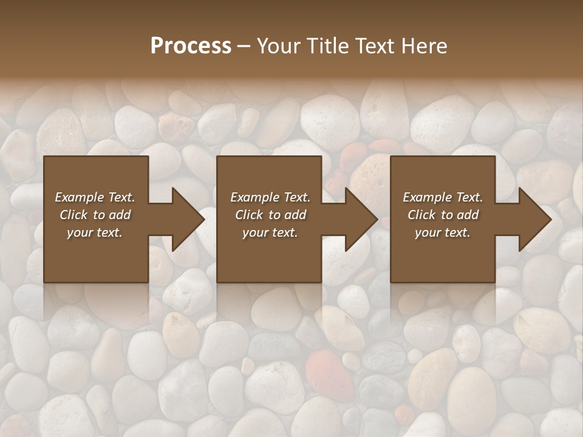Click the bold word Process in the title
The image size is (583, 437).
tap(191, 46)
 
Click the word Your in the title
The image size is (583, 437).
tap(279, 46)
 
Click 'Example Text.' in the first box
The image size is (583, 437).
tap(95, 197)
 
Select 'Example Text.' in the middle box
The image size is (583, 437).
tap(270, 197)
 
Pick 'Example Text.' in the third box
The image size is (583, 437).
tap(443, 197)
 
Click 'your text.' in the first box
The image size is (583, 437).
tap(95, 232)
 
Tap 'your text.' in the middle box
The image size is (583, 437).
tap(270, 232)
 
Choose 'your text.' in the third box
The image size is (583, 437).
tap(443, 232)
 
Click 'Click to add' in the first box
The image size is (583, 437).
tap(95, 215)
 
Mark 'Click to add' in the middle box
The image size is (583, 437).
tap(270, 215)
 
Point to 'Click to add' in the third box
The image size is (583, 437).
tap(443, 215)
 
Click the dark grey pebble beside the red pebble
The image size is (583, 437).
tap(384, 357)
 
